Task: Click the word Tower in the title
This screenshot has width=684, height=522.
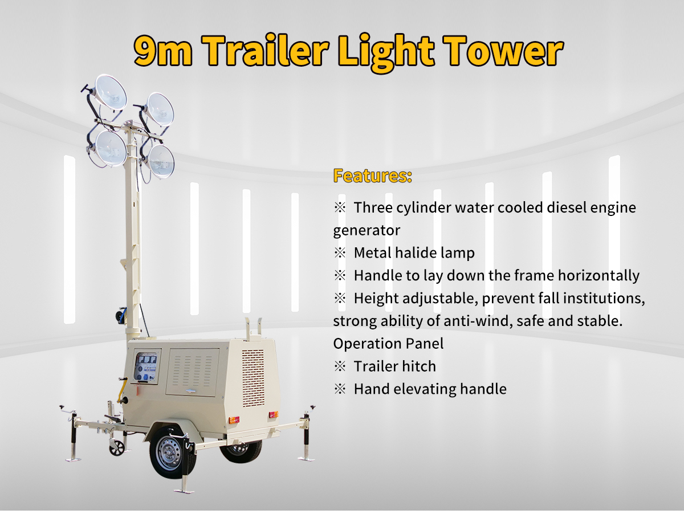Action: [x=503, y=50]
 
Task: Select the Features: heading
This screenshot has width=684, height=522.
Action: [x=372, y=176]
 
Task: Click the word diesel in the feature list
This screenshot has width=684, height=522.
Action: [x=567, y=207]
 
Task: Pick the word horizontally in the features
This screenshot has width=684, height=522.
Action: [x=598, y=276]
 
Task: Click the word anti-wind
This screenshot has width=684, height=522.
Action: [x=478, y=321]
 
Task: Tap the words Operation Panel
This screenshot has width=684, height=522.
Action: [x=388, y=344]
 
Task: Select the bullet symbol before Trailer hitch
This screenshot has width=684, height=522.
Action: [x=340, y=366]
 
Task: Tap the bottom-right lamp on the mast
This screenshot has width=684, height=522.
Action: [x=161, y=161]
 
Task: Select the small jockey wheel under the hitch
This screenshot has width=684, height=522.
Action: [x=117, y=448]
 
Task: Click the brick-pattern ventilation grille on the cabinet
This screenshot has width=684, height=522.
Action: [x=253, y=378]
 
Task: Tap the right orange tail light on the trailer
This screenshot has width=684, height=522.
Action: [x=273, y=414]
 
